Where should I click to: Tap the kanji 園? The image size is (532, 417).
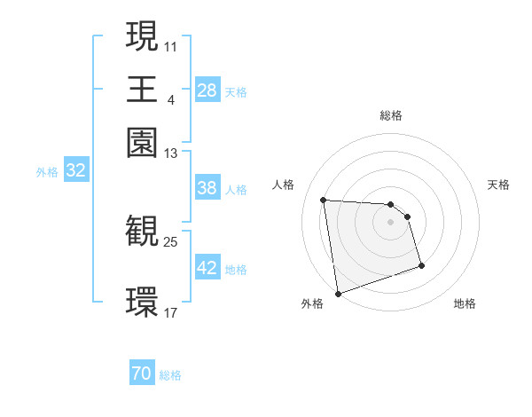142,141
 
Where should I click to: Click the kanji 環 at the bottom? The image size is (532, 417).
142,301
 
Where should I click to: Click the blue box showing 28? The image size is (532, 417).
207,90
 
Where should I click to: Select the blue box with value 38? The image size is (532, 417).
207,188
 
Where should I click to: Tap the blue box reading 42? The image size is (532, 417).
207,268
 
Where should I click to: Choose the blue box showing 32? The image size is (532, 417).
76,171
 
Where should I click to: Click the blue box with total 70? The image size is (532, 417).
142,374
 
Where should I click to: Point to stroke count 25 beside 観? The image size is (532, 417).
171,240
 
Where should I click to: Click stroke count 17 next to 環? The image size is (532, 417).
171,312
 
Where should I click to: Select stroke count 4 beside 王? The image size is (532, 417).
170,98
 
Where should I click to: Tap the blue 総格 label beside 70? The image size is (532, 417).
170,375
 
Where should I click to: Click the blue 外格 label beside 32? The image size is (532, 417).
46,172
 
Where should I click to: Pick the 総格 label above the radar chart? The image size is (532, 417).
391,115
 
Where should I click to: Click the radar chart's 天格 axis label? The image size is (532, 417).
498,185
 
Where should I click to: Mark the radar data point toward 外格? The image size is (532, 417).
338,293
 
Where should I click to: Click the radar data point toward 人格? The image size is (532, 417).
324,200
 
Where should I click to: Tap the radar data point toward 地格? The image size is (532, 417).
421,265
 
